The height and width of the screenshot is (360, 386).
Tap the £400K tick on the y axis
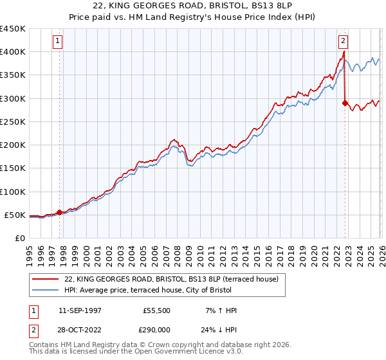[x=13, y=51]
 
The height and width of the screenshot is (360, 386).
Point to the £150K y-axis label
[x=13, y=168]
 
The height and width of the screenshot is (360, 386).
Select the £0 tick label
[x=19, y=239]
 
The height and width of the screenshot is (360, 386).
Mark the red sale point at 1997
[x=60, y=212]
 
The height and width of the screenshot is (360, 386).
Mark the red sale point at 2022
[x=345, y=103]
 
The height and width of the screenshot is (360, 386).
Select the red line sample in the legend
[x=46, y=279]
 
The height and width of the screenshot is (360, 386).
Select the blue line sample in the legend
[x=46, y=291]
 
